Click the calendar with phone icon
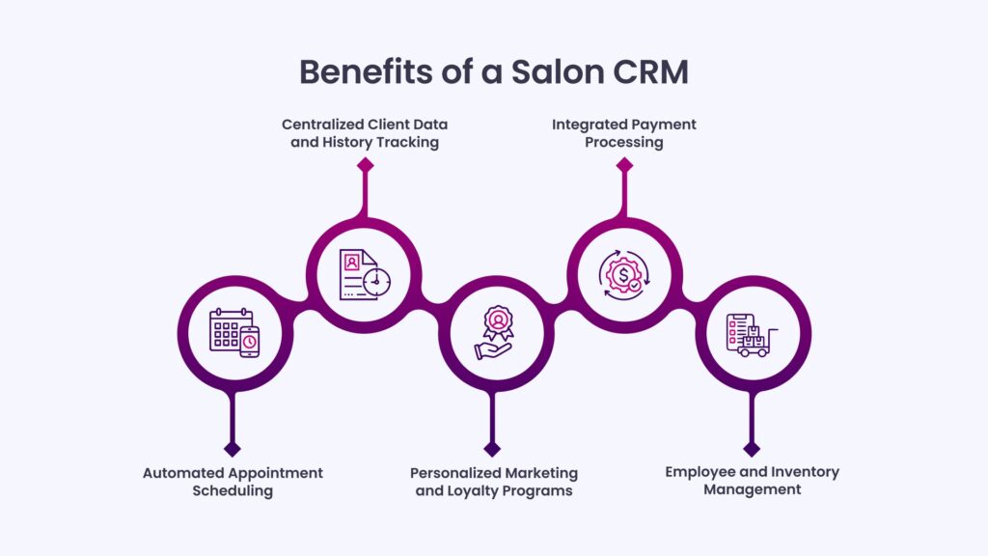click(x=233, y=332)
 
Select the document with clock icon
click(x=364, y=273)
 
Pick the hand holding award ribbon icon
click(x=493, y=332)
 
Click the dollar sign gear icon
click(x=623, y=273)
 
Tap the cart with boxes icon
click(x=753, y=334)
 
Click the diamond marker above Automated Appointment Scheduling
click(x=232, y=449)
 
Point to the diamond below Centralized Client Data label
click(x=365, y=165)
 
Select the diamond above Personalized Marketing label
click(x=492, y=449)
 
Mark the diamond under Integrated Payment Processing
click(x=624, y=165)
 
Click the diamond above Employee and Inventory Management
click(x=753, y=449)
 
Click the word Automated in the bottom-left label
click(x=187, y=473)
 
